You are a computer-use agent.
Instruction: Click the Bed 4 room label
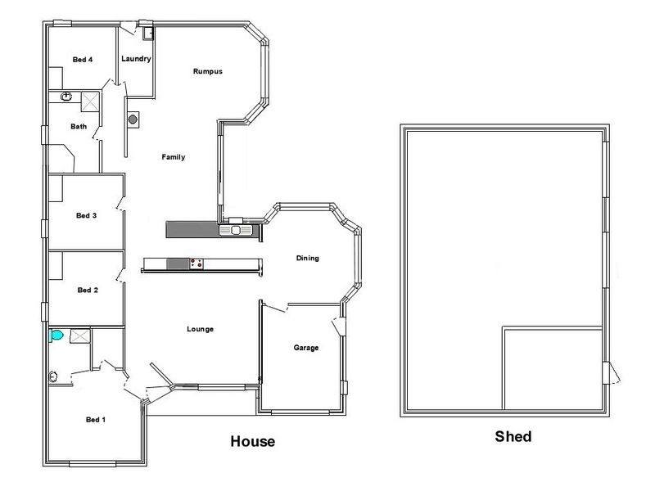click(x=83, y=59)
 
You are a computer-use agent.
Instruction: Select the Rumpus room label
click(x=208, y=71)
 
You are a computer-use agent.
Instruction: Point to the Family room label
click(x=174, y=157)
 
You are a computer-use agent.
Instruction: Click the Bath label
click(x=79, y=126)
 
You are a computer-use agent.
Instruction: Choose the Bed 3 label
click(x=87, y=216)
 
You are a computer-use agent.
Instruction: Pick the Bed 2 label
click(x=88, y=290)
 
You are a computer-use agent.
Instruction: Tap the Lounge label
click(x=200, y=329)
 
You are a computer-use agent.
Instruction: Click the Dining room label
click(x=307, y=259)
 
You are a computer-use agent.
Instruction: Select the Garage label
click(x=306, y=348)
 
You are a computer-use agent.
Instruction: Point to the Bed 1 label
click(x=96, y=420)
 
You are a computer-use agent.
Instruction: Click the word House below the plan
click(x=251, y=442)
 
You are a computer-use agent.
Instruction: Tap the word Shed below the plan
click(x=513, y=437)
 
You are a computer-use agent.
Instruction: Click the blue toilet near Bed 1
click(x=56, y=335)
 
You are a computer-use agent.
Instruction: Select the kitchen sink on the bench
click(x=237, y=230)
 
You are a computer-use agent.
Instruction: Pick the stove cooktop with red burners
click(x=196, y=263)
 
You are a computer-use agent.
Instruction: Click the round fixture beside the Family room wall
click(x=133, y=119)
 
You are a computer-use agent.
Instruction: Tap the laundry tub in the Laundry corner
click(x=148, y=34)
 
